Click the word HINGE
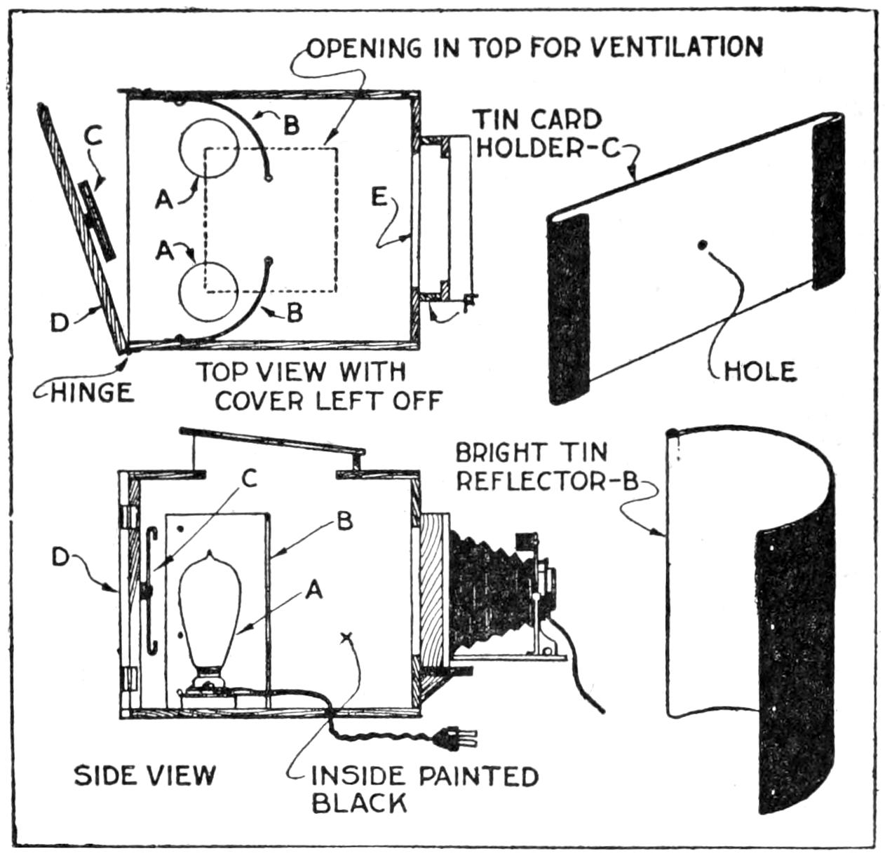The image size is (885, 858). [x=93, y=393]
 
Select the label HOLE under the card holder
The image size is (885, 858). [x=760, y=371]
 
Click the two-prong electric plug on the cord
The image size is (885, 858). [x=456, y=737]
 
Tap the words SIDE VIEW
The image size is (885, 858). [x=145, y=775]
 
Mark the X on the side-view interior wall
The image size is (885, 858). [x=344, y=637]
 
